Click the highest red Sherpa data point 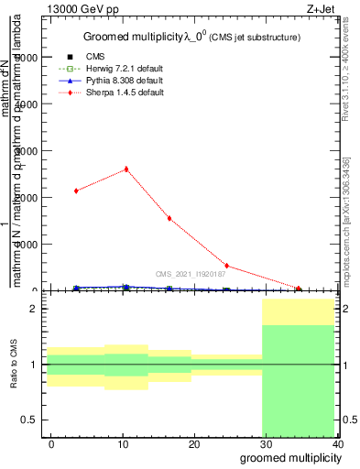[x=126, y=169]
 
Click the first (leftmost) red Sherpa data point [x=77, y=191]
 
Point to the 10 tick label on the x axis [x=123, y=443]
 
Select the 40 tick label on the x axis [x=337, y=443]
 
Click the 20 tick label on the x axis [x=194, y=443]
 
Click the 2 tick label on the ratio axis [x=36, y=309]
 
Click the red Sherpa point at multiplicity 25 [x=226, y=267]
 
